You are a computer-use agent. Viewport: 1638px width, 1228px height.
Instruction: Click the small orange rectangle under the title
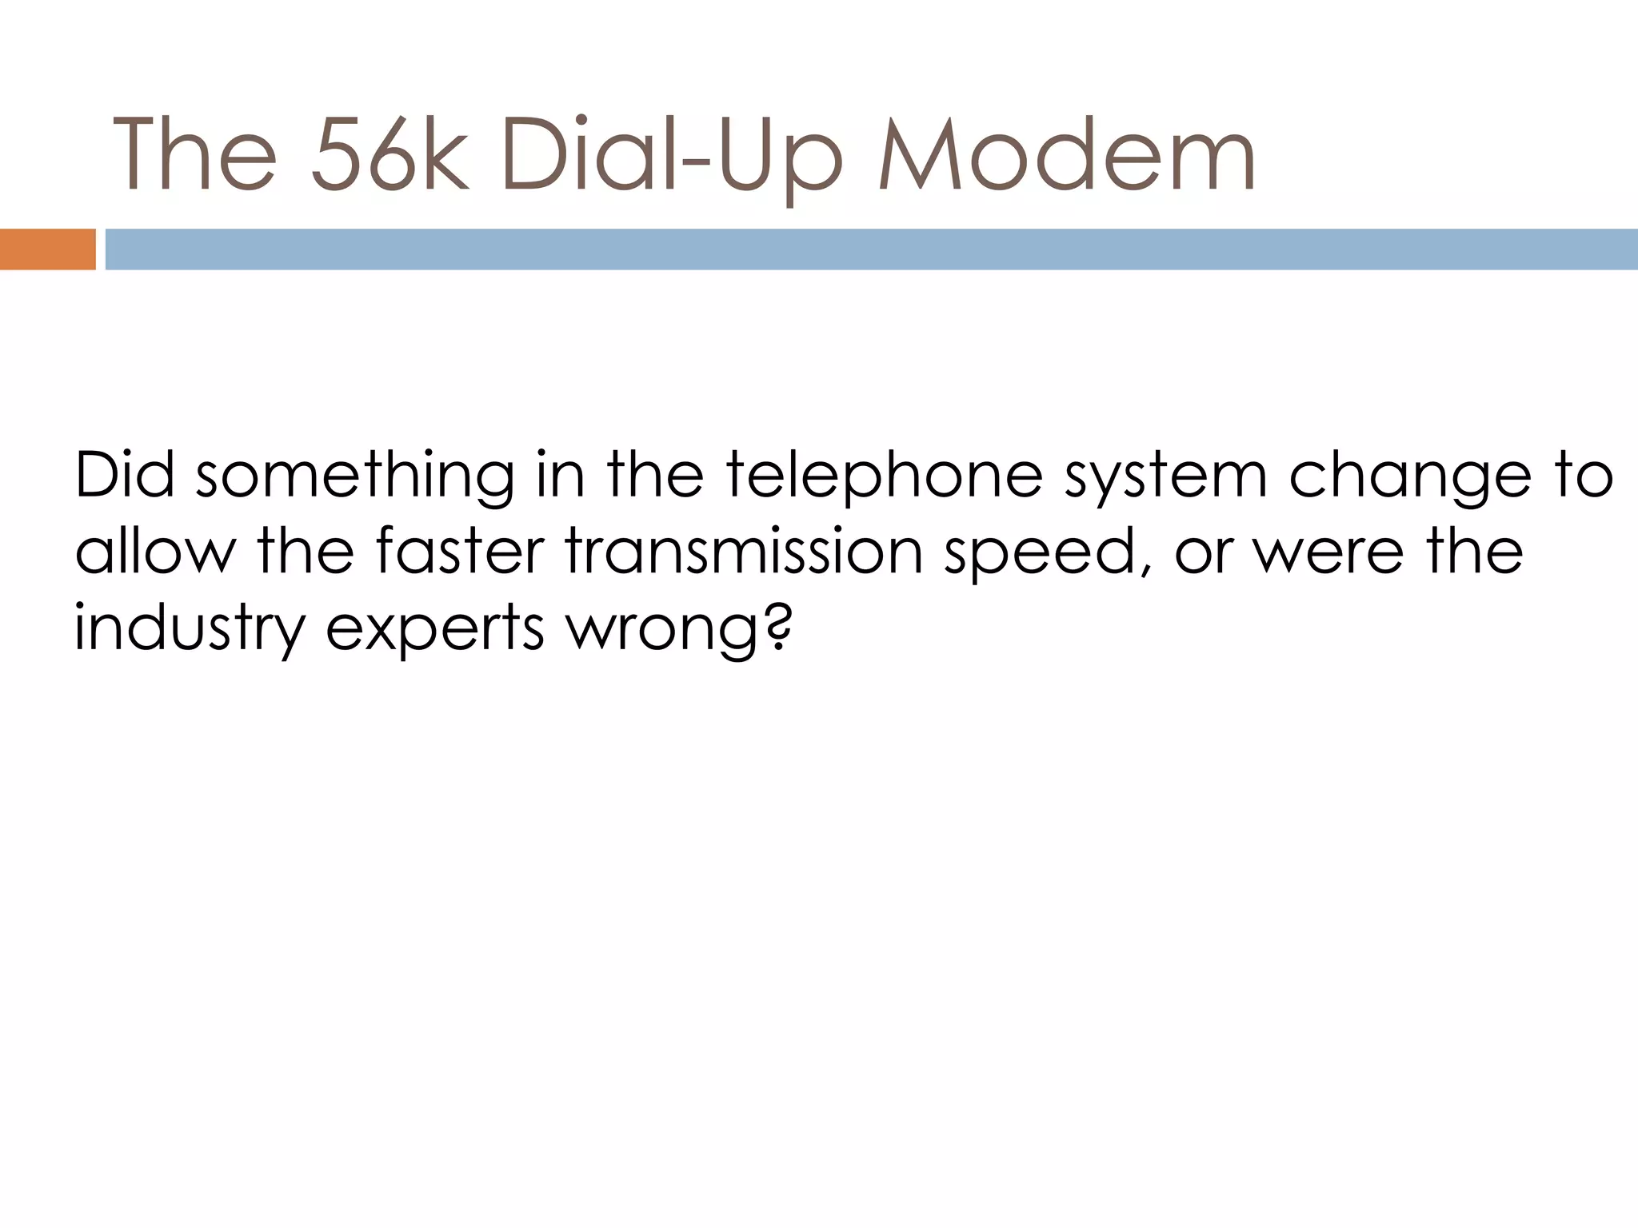[47, 249]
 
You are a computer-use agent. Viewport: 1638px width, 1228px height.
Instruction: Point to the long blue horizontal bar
[871, 249]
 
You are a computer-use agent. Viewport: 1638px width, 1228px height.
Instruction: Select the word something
[355, 475]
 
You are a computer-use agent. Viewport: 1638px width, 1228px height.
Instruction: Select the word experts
[435, 628]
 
